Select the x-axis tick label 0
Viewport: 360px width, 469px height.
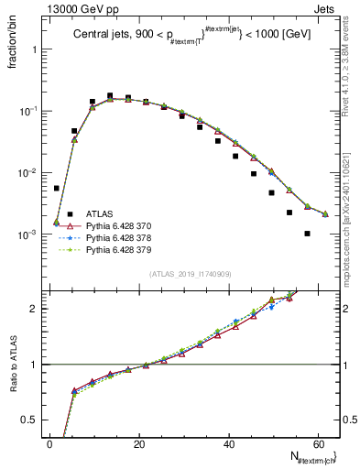click(49, 444)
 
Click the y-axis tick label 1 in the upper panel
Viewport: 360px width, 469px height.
click(37, 49)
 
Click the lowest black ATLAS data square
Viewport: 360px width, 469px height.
click(307, 234)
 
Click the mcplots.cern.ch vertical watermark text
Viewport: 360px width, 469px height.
click(352, 211)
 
